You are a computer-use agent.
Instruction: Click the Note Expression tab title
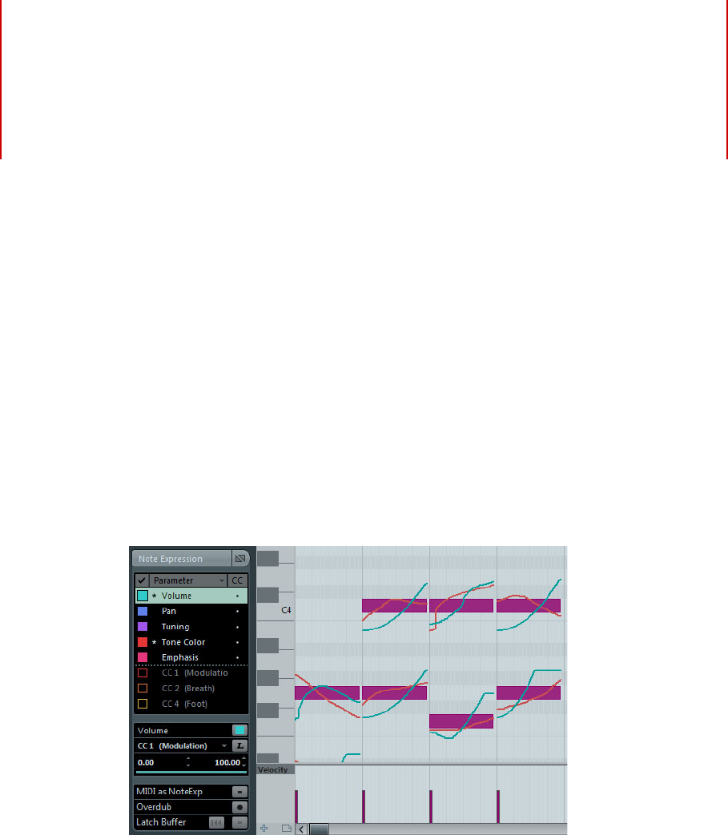point(171,559)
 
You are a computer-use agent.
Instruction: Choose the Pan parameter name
point(168,611)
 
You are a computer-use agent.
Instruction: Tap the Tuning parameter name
point(175,627)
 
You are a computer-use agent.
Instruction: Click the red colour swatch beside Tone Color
point(143,642)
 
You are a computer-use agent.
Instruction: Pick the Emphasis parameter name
point(179,657)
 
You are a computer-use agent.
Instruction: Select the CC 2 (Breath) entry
point(187,688)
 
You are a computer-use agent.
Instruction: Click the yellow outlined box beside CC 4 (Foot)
point(143,704)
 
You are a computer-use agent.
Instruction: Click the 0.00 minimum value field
point(146,762)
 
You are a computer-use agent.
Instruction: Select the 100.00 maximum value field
point(227,762)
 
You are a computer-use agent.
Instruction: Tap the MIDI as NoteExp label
point(169,792)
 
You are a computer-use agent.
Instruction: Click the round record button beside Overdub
point(239,807)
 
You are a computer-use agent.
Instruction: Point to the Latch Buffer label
point(161,822)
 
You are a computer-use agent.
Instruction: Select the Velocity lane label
point(274,769)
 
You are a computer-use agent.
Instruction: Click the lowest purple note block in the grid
point(461,721)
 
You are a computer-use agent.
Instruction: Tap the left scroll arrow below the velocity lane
point(301,829)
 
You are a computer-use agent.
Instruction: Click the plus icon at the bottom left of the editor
point(263,829)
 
